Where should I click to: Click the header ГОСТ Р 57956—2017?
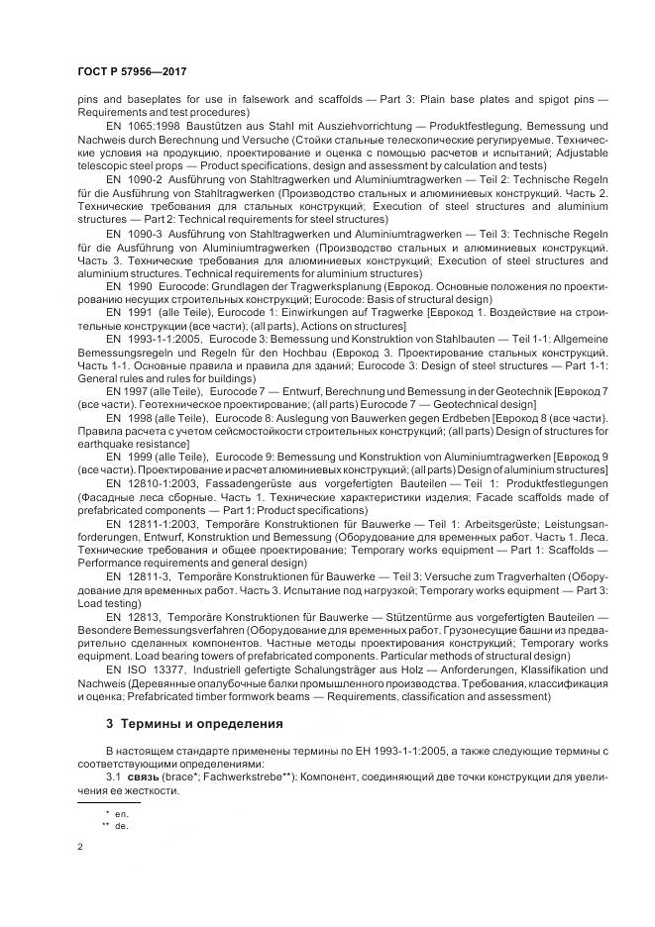coord(132,72)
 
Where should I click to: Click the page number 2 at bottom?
coord(80,848)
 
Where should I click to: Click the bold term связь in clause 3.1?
coord(143,777)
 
